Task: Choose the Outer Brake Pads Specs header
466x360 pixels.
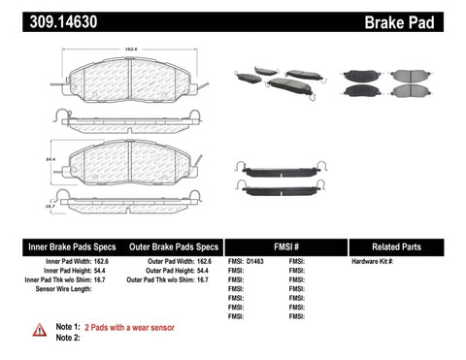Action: [x=169, y=246]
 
